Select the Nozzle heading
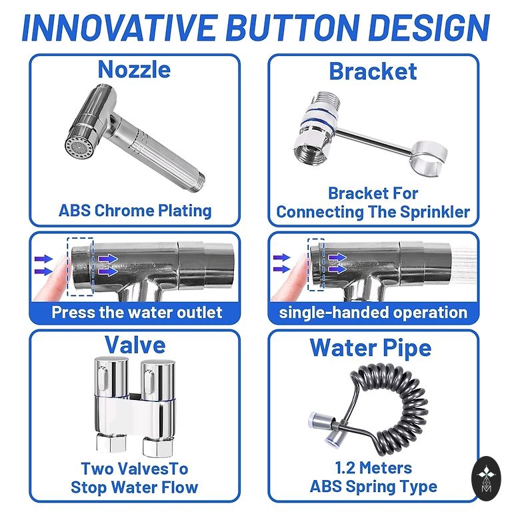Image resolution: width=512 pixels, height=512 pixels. pyautogui.click(x=134, y=69)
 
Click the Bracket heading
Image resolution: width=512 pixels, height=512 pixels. pyautogui.click(x=373, y=71)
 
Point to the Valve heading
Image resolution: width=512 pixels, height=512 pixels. pyautogui.click(x=135, y=345)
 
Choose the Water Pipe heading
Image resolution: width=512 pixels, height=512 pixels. pyautogui.click(x=370, y=348)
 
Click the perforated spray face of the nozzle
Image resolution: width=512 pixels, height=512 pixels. pyautogui.click(x=78, y=148)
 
